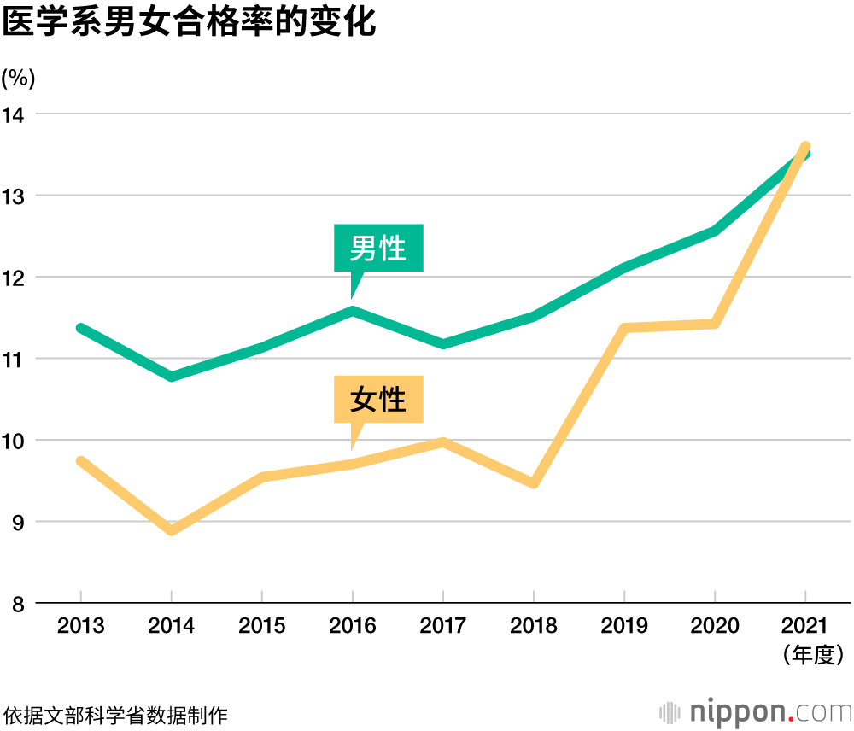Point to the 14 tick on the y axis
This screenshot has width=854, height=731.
point(15,114)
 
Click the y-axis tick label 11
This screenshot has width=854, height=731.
point(15,359)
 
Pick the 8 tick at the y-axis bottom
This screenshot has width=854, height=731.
point(17,604)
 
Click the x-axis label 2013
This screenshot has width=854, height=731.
point(81,626)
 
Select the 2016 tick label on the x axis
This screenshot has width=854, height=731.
point(353,626)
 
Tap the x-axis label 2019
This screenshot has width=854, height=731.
point(624,626)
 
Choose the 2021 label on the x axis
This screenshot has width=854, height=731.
point(805,626)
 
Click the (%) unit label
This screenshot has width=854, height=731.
point(19,79)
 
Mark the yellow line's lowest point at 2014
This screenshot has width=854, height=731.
point(172,530)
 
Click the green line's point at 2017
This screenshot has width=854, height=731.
point(443,344)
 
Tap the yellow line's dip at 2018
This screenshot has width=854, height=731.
point(534,483)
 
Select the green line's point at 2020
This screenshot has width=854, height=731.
point(715,231)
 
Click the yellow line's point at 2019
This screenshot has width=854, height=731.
point(624,328)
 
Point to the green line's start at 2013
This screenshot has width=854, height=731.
point(81,328)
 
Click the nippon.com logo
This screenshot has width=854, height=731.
point(755,711)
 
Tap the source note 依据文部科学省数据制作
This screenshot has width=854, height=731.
point(116,714)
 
